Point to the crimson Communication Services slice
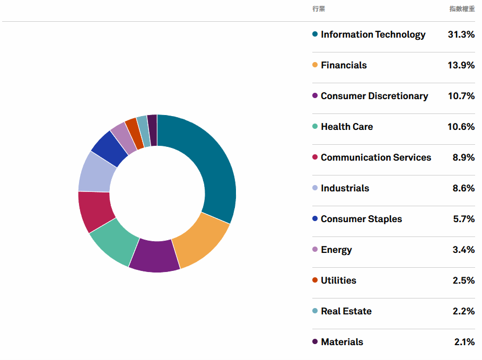[x=94, y=210]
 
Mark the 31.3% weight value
[x=461, y=34]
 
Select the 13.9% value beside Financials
[x=461, y=65]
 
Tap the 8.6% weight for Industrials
[x=463, y=188]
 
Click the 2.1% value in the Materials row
[x=464, y=342]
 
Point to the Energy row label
[x=336, y=250]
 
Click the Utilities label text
[x=338, y=280]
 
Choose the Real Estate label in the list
[x=346, y=311]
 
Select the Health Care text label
[x=347, y=127]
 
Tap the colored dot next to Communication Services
[x=315, y=157]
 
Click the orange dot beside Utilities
[x=315, y=280]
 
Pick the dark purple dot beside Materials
[x=315, y=342]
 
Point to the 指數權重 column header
[x=462, y=9]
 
